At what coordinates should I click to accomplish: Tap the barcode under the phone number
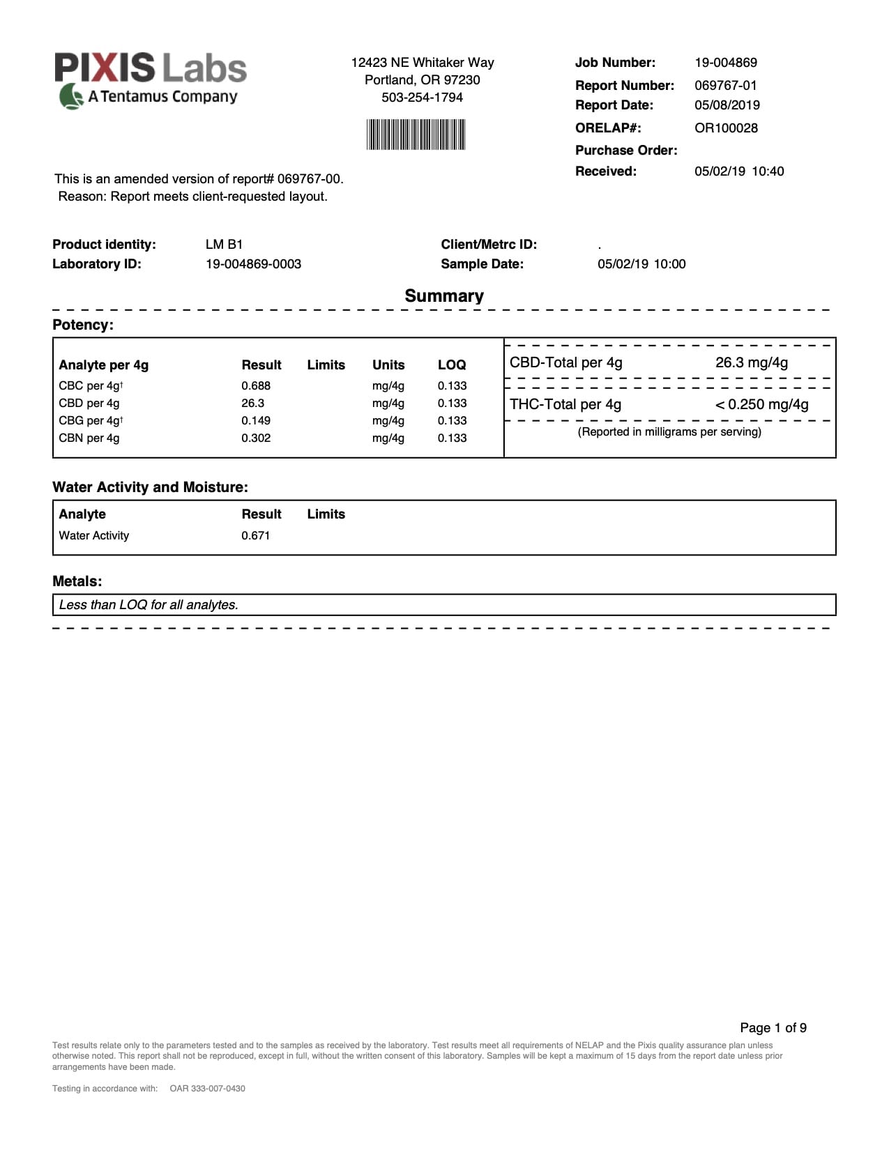click(x=416, y=135)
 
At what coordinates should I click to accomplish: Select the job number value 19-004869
click(x=725, y=63)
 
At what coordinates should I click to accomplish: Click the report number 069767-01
click(x=725, y=86)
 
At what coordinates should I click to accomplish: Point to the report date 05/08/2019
click(x=727, y=105)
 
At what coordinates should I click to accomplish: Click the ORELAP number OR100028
click(x=725, y=128)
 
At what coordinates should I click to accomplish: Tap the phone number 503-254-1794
click(x=422, y=98)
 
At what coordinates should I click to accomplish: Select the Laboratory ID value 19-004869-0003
click(x=253, y=264)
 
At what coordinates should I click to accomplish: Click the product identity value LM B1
click(x=224, y=245)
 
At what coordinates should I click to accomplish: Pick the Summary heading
click(x=444, y=296)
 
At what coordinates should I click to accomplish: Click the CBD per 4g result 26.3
click(x=252, y=404)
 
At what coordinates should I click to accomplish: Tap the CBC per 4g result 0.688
click(x=256, y=386)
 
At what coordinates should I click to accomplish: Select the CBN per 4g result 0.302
click(x=256, y=438)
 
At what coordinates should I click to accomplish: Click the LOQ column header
click(x=451, y=365)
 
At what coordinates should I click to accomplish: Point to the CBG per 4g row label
click(x=91, y=421)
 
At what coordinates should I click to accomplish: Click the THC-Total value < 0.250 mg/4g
click(x=761, y=405)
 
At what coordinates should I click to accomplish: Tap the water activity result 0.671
click(x=255, y=536)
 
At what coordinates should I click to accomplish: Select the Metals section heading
click(x=77, y=581)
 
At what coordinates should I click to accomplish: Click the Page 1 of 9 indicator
click(x=773, y=1028)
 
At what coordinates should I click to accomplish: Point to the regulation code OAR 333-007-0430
click(x=207, y=1089)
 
